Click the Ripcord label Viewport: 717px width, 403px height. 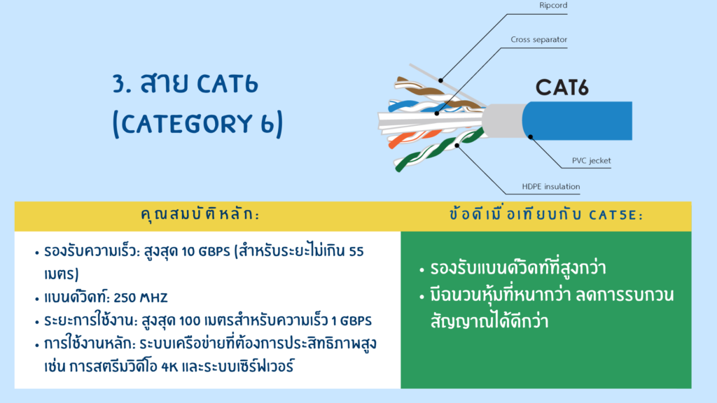coord(553,6)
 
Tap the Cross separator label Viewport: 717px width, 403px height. coord(538,40)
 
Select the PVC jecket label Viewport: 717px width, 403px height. coord(591,161)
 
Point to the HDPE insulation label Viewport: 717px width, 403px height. coord(551,186)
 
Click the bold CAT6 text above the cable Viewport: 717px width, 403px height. coord(562,87)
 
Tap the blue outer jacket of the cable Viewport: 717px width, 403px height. coord(578,120)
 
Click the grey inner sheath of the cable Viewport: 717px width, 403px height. coord(502,120)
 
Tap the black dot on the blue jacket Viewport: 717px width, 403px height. coord(531,136)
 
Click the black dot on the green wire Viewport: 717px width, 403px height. coord(457,146)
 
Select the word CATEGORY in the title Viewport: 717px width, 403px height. coord(186,124)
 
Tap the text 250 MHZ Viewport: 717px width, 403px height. coord(140,298)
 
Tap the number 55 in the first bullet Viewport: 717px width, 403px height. coord(356,252)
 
